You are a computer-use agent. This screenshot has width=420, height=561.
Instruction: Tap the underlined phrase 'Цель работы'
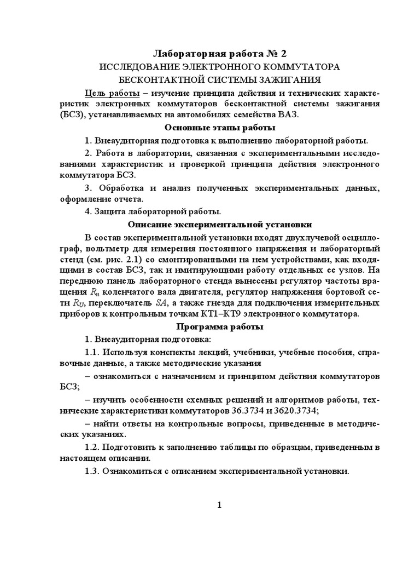[x=111, y=92]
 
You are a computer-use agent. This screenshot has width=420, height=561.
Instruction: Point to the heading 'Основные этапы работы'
[x=220, y=128]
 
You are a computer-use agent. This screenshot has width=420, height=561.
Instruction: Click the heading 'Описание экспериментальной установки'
[x=220, y=224]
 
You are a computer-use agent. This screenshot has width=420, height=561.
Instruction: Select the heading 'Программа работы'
[x=220, y=327]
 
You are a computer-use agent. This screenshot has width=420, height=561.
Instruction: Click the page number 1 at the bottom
[x=219, y=505]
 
